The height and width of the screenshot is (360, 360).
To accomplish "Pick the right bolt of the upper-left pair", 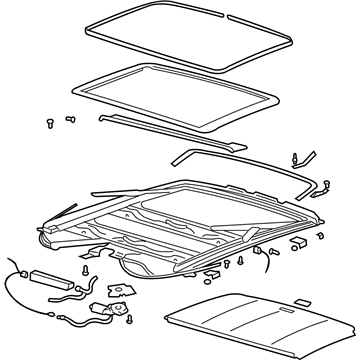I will tap(69, 119).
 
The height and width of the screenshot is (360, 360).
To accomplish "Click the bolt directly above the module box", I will tap(85, 267).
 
